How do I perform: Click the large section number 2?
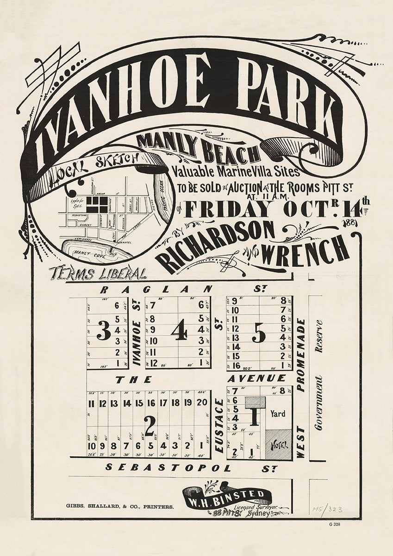click(x=149, y=423)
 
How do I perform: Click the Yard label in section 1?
click(x=278, y=414)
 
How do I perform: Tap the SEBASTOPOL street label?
click(x=168, y=468)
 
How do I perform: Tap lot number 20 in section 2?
click(x=202, y=403)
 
